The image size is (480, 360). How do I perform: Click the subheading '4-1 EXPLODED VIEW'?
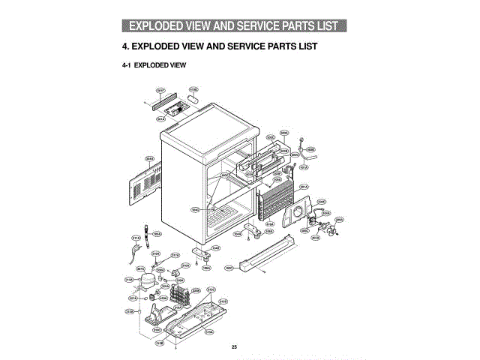pos(154,65)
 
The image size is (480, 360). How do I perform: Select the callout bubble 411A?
pos(136,239)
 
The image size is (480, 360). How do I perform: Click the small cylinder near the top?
pos(194,100)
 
